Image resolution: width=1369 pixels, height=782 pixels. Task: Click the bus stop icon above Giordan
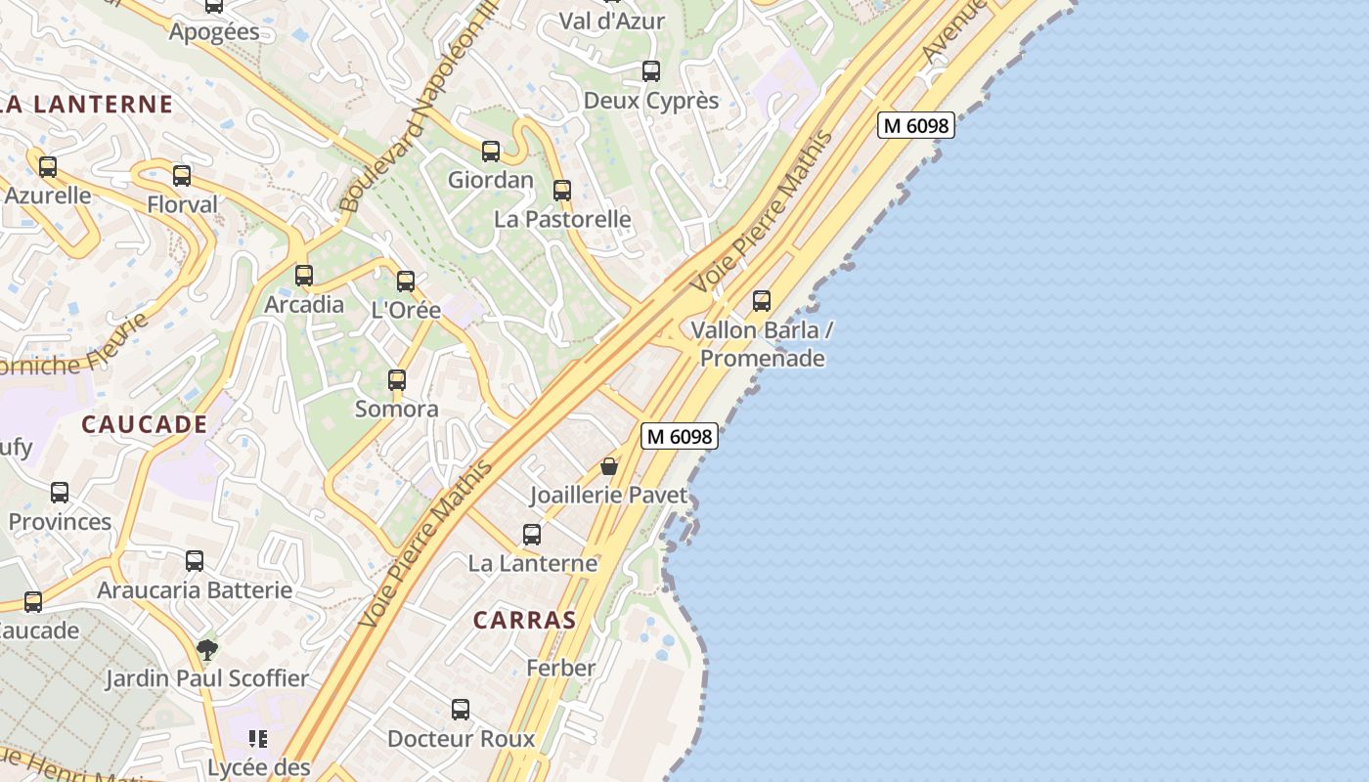(491, 152)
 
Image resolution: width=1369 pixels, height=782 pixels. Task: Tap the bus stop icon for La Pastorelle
(562, 191)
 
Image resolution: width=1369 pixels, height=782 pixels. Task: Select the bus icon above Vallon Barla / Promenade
(762, 301)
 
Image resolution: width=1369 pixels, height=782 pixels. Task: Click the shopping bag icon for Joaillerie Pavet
(609, 466)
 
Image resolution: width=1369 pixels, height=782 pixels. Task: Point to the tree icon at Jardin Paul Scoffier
(206, 649)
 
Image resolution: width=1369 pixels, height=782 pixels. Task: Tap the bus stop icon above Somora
(397, 380)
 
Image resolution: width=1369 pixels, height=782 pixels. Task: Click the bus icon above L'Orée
(406, 282)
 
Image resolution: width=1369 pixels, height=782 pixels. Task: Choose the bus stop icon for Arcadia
(304, 276)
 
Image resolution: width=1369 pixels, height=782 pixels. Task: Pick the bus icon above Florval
(182, 176)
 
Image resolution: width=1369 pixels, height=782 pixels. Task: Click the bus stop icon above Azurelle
(48, 167)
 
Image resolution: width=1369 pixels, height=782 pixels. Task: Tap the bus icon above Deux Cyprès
(651, 71)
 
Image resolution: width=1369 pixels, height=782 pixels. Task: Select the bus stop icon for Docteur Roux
(461, 710)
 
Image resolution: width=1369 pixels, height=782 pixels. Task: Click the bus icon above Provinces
(60, 493)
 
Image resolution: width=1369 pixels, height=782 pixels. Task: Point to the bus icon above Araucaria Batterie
(195, 561)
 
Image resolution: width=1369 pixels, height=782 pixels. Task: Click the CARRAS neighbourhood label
(525, 620)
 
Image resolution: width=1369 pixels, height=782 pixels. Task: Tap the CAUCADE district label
(144, 424)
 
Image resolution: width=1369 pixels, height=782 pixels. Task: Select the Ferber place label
(560, 668)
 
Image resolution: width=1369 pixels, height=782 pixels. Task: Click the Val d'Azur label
(611, 21)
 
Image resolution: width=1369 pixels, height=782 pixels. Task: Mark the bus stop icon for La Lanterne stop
(532, 535)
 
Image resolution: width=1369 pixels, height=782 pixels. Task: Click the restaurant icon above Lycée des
(258, 738)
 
